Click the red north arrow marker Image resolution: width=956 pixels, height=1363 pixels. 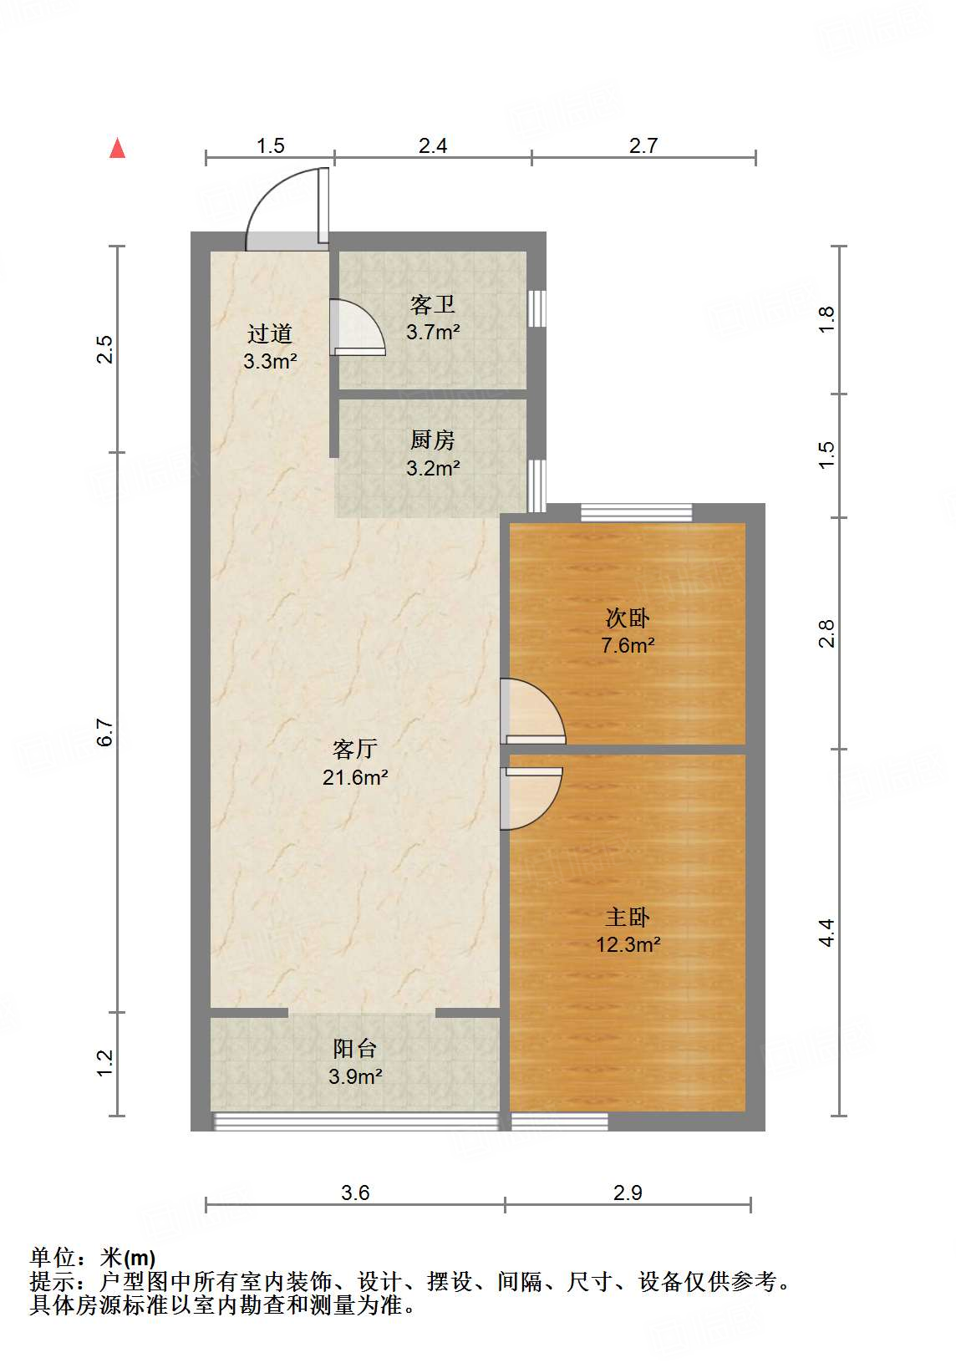pyautogui.click(x=117, y=149)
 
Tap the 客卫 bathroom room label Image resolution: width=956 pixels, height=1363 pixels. pyautogui.click(x=432, y=304)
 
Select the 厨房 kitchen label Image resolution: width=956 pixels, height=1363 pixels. pyautogui.click(x=432, y=440)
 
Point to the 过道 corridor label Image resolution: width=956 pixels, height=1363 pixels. pyautogui.click(x=270, y=333)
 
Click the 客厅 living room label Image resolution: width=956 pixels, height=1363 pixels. pyautogui.click(x=355, y=749)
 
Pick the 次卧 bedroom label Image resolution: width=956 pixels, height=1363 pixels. pyautogui.click(x=628, y=618)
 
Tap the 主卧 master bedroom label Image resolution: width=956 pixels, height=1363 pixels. pyautogui.click(x=628, y=917)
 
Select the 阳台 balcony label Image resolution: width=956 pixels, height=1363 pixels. pyautogui.click(x=355, y=1049)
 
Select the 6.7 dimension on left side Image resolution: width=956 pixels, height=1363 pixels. pyautogui.click(x=104, y=733)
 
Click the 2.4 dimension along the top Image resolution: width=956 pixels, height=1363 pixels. pyautogui.click(x=433, y=146)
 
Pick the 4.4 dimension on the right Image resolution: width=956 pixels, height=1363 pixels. pyautogui.click(x=826, y=933)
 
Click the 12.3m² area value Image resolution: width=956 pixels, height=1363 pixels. pyautogui.click(x=628, y=944)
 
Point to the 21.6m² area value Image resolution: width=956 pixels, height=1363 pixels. pyautogui.click(x=355, y=777)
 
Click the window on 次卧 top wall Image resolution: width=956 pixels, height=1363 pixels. pyautogui.click(x=637, y=512)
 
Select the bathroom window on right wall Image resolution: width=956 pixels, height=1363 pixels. pyautogui.click(x=536, y=308)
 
